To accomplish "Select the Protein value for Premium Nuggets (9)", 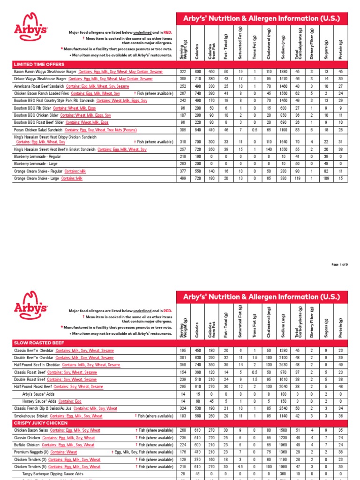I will [x=340, y=452].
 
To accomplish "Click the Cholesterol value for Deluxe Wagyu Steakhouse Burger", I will [x=269, y=79].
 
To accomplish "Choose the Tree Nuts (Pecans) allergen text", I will [x=123, y=129].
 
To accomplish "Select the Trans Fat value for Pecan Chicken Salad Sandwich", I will [x=254, y=129].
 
